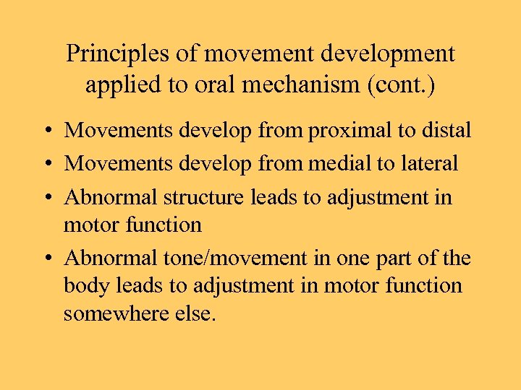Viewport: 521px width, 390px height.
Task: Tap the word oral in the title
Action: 208,85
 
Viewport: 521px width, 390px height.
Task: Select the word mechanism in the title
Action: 301,85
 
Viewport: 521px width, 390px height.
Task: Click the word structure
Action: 204,196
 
